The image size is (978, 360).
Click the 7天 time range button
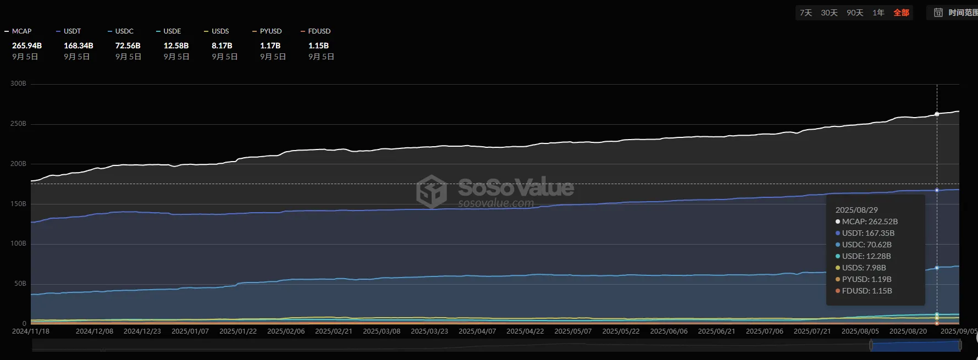805,13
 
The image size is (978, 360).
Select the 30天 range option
829,13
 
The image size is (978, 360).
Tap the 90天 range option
855,13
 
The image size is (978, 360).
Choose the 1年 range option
878,13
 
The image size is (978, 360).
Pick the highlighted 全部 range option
901,13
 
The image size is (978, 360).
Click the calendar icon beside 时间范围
938,13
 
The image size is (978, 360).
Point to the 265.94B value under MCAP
27,46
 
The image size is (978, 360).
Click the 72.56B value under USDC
128,46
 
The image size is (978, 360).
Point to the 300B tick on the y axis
18,84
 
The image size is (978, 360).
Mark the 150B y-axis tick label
18,204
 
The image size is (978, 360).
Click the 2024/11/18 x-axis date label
31,331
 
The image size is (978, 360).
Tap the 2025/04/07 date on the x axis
477,331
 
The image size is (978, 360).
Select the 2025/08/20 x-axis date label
908,331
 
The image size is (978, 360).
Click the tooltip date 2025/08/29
857,210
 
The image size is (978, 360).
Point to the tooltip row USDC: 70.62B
866,245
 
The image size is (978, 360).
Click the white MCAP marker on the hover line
937,114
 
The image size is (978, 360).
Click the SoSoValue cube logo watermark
432,191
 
